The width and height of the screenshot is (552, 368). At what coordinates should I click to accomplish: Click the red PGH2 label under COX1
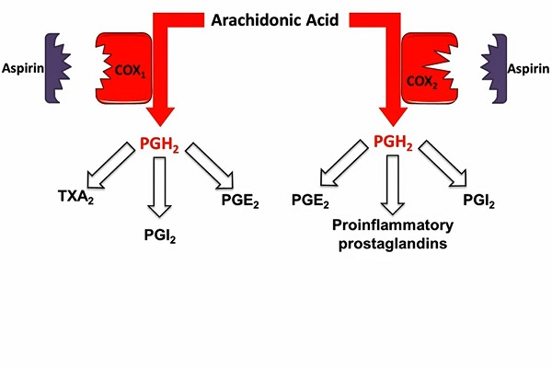coord(162,144)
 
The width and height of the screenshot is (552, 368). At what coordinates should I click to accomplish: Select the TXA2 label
coord(77,197)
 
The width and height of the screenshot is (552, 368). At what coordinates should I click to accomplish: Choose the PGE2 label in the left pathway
coord(240,199)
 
